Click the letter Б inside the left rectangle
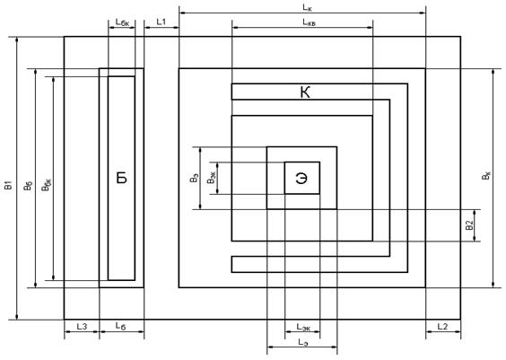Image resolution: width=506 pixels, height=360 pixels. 122,178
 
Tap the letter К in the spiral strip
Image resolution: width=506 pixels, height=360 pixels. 305,92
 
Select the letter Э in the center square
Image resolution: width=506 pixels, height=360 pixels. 301,178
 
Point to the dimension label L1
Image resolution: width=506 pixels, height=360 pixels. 161,22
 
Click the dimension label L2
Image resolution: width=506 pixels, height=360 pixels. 442,327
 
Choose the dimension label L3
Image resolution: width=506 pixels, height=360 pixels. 82,327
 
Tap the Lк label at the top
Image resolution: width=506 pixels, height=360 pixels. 307,8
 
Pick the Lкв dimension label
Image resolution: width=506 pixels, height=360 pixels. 310,22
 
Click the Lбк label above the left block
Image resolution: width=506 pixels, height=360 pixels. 122,22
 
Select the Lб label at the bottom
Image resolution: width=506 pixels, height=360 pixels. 120,326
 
